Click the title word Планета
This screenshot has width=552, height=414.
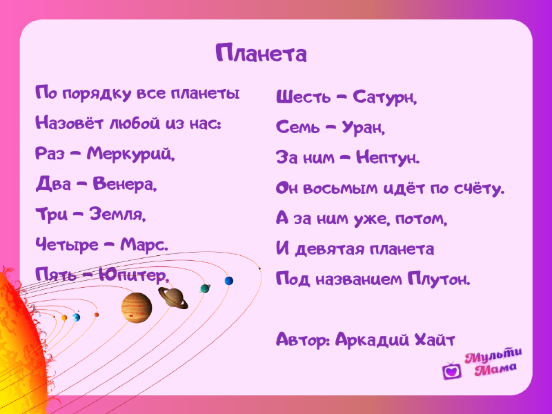261,52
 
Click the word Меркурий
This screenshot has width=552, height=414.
131,154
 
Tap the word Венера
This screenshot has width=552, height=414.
125,184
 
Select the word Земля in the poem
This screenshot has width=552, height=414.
118,214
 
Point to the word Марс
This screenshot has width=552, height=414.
144,245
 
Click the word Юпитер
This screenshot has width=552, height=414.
134,275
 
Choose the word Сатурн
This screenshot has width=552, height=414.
385,97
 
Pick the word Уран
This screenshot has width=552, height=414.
364,128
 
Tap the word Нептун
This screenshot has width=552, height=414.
388,157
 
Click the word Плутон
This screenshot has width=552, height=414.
439,279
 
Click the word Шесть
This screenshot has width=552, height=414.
303,97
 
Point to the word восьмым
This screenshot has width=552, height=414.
341,188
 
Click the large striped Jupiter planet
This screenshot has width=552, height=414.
137,307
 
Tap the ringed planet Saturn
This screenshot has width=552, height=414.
173,298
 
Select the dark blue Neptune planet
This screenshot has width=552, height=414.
229,281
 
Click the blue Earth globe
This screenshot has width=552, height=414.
76,317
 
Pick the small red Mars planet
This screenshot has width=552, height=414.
96,315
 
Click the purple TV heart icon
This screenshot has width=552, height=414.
452,371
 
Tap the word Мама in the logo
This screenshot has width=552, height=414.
496,369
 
